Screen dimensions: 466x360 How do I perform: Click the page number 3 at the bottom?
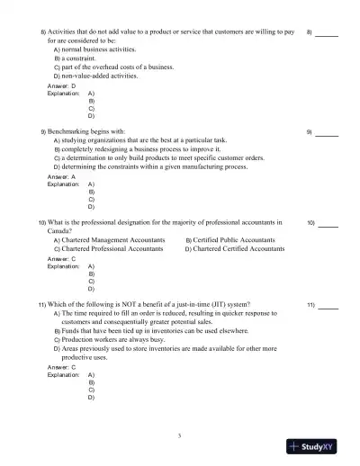180,436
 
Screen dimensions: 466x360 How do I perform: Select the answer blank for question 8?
327,34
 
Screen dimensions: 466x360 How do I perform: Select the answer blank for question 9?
327,133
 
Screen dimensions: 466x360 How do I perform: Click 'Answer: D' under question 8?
61,86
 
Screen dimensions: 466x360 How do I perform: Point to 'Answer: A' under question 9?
61,177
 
